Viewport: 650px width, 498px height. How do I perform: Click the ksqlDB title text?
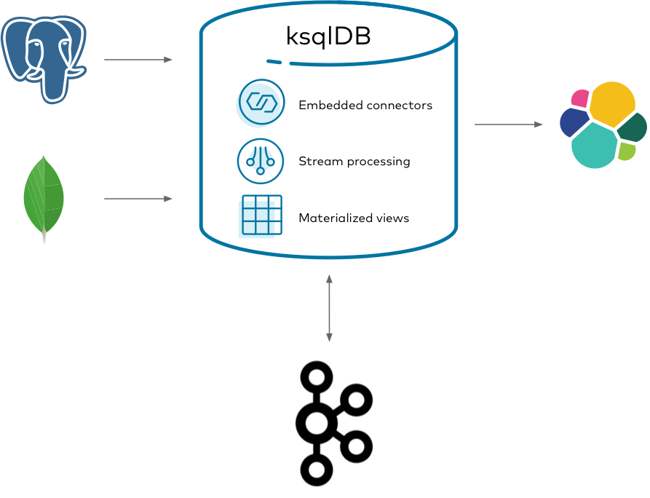tap(328, 37)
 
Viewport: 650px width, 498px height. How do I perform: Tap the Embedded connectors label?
tap(365, 106)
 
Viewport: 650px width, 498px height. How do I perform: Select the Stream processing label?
tap(354, 162)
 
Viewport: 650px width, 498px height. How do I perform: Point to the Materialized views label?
tap(353, 218)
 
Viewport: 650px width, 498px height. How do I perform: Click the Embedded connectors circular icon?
tap(261, 103)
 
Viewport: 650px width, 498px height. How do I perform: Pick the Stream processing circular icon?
tap(261, 161)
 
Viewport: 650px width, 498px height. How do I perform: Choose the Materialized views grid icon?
tap(261, 216)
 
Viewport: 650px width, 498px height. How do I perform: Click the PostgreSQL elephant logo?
tap(44, 56)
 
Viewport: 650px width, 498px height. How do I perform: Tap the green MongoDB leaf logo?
tap(44, 197)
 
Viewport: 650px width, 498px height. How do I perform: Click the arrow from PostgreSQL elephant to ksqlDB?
tap(138, 60)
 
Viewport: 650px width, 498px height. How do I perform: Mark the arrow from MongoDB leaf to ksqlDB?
tap(138, 199)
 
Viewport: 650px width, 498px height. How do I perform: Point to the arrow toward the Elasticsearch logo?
tap(508, 125)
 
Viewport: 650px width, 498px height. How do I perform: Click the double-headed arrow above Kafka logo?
tap(329, 308)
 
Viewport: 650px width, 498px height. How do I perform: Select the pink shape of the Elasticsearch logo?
tap(580, 98)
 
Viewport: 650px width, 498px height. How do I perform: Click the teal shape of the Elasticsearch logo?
tap(594, 146)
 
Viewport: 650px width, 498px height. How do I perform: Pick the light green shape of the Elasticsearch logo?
tap(626, 151)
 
